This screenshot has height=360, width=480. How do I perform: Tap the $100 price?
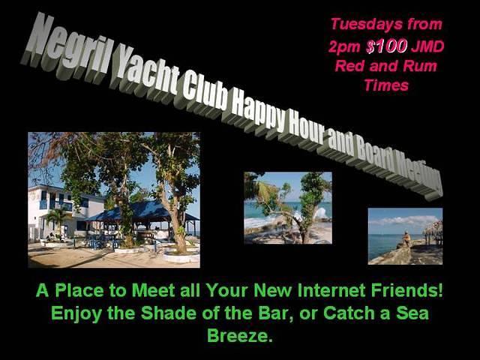click(x=387, y=46)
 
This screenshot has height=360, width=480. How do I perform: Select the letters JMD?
click(x=427, y=46)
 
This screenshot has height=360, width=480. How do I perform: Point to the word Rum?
click(x=420, y=66)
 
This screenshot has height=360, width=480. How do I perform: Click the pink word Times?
click(x=387, y=85)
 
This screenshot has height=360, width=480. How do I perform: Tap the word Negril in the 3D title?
click(x=66, y=45)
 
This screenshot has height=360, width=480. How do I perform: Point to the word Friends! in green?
click(x=406, y=290)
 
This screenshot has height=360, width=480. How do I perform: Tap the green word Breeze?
click(x=240, y=335)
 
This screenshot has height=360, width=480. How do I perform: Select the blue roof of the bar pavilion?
click(x=142, y=211)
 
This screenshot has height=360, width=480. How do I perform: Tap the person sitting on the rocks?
click(x=406, y=239)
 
